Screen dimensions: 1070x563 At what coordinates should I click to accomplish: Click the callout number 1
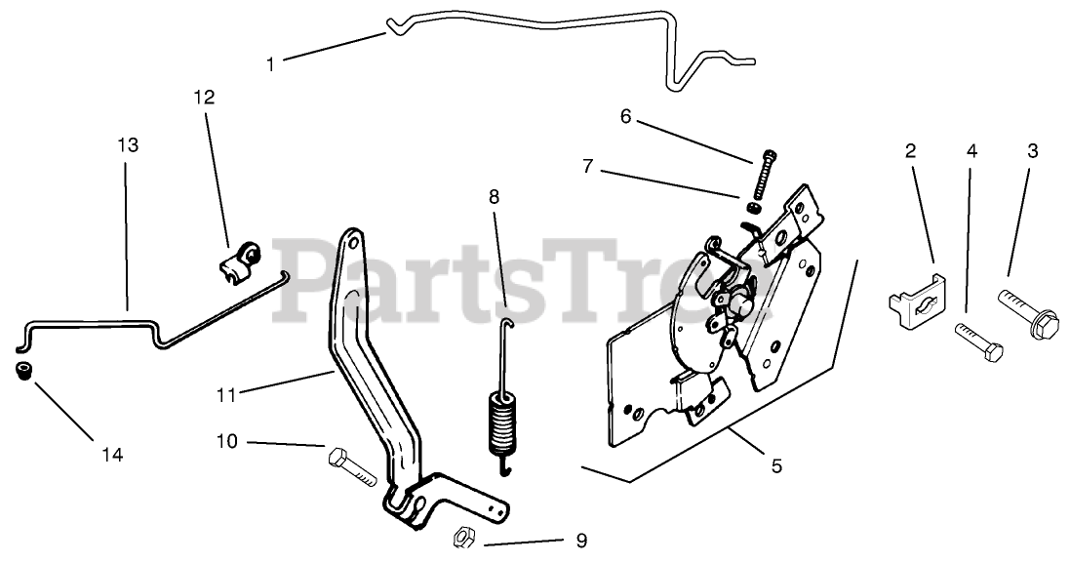click(x=270, y=65)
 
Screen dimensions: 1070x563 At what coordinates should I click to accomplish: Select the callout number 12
click(x=204, y=98)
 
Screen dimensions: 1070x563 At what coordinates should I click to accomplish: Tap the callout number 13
click(x=128, y=145)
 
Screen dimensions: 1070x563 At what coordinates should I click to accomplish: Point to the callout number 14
click(x=113, y=455)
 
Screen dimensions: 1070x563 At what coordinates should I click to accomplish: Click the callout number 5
click(x=776, y=466)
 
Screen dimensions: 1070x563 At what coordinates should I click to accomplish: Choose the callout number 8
click(x=494, y=196)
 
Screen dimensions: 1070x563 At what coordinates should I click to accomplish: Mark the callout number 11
click(x=226, y=394)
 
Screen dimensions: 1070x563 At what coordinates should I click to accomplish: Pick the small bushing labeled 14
click(x=25, y=371)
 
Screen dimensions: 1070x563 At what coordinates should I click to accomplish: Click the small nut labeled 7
click(x=755, y=206)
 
